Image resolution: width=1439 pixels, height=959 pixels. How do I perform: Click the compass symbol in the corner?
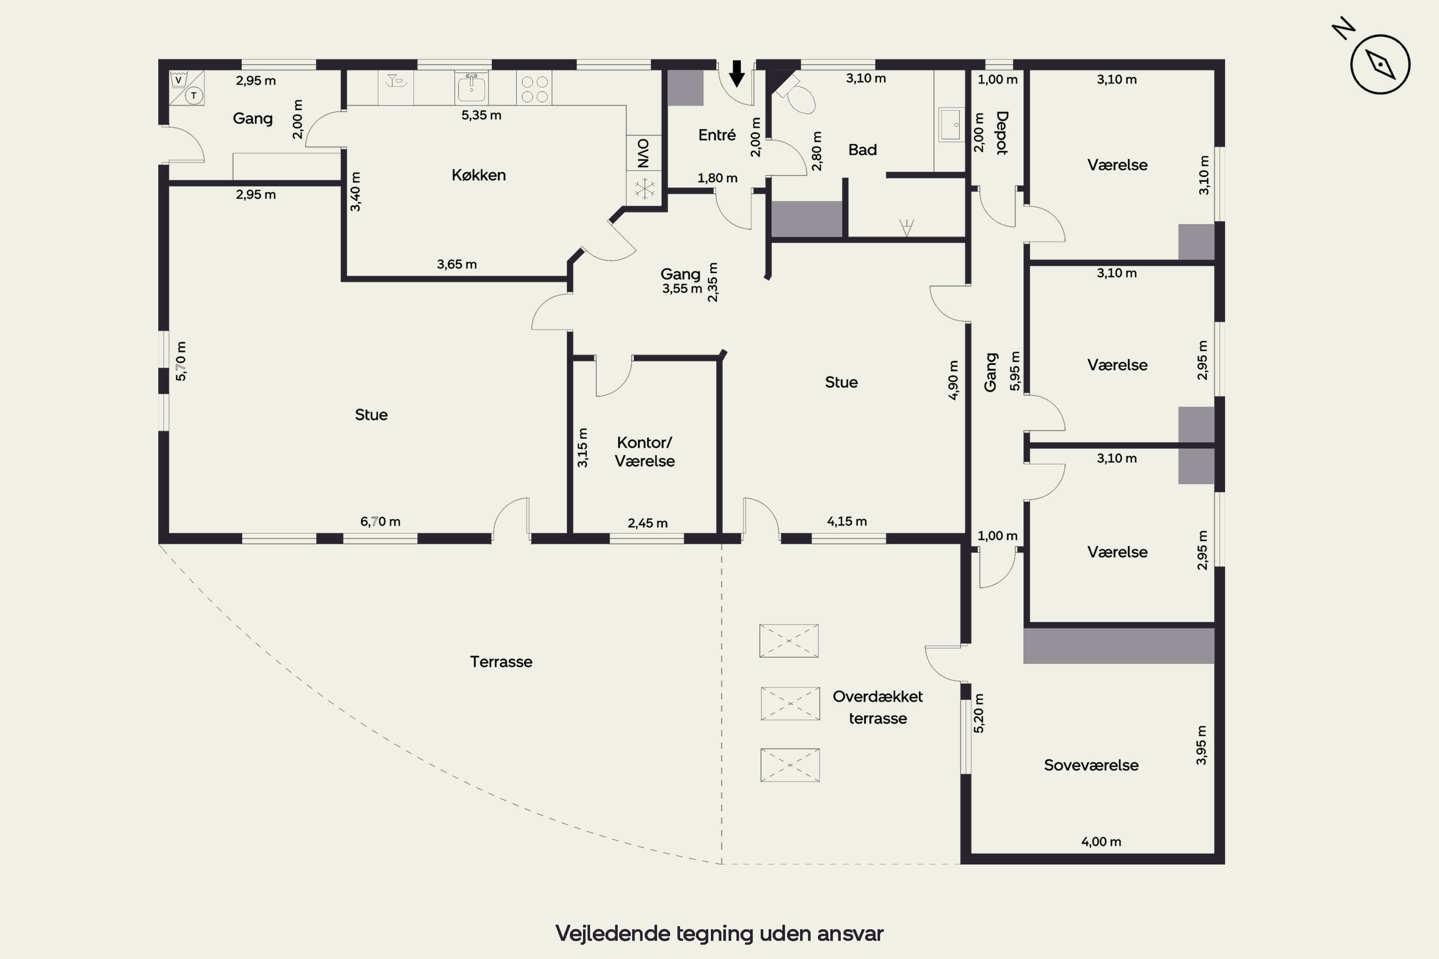1380,64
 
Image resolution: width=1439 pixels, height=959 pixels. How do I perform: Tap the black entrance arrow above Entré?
737,73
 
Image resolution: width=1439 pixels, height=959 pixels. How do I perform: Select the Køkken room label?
478,175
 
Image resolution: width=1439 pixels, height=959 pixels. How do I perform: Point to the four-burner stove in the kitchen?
534,89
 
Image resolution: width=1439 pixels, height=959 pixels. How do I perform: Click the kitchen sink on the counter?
471,87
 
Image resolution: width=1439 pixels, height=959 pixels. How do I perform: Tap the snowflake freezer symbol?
644,188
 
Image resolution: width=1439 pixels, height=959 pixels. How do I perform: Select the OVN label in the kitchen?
643,153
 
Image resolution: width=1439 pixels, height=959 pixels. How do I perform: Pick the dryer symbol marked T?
194,95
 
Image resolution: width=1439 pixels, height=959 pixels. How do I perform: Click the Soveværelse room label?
1091,765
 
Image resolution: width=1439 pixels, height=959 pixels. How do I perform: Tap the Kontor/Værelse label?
644,451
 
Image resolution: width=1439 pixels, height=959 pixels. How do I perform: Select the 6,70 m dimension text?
380,522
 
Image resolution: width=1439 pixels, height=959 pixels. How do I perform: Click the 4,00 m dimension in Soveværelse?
1101,842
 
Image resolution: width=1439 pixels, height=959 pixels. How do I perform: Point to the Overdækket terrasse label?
877,707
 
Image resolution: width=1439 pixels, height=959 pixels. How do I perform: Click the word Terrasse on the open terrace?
501,662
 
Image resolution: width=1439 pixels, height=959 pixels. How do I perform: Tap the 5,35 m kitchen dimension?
481,115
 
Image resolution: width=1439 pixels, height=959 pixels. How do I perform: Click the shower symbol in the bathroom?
906,227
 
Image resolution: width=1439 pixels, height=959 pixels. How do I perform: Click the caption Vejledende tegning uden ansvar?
719,933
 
